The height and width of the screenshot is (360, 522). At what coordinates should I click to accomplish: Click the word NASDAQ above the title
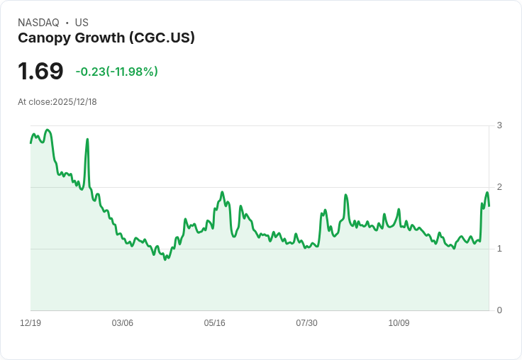[x=38, y=23]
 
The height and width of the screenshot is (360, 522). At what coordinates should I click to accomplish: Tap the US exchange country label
[x=82, y=23]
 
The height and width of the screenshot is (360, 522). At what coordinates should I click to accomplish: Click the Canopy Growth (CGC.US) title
[x=106, y=38]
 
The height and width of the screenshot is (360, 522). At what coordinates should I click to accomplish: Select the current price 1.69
[x=40, y=71]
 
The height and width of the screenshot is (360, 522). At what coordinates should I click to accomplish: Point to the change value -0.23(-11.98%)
[x=116, y=72]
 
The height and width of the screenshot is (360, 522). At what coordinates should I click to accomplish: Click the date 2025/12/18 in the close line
[x=74, y=102]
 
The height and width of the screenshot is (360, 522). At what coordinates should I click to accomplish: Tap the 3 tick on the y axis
[x=499, y=125]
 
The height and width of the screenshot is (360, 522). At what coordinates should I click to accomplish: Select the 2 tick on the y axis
[x=499, y=187]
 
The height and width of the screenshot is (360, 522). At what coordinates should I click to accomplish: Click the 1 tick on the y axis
[x=499, y=249]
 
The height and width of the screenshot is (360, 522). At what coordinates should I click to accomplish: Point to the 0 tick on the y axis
[x=499, y=310]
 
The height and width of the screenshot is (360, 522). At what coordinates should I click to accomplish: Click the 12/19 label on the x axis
[x=30, y=322]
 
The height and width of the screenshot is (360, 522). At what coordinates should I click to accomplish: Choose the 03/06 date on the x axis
[x=122, y=322]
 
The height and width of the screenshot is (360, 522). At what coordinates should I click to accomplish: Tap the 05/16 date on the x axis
[x=214, y=322]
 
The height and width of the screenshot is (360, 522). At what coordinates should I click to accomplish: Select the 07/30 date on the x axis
[x=306, y=322]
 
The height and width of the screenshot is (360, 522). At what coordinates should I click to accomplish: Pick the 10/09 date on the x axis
[x=399, y=322]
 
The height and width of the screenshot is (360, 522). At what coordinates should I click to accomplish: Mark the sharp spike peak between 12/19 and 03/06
[x=87, y=139]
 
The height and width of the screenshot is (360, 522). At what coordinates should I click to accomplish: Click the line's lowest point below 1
[x=165, y=259]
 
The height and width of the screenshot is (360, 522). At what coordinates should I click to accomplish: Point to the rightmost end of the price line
[x=489, y=206]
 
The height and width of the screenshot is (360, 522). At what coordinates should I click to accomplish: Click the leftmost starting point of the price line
[x=30, y=143]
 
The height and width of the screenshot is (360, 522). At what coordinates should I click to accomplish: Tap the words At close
[x=34, y=102]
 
